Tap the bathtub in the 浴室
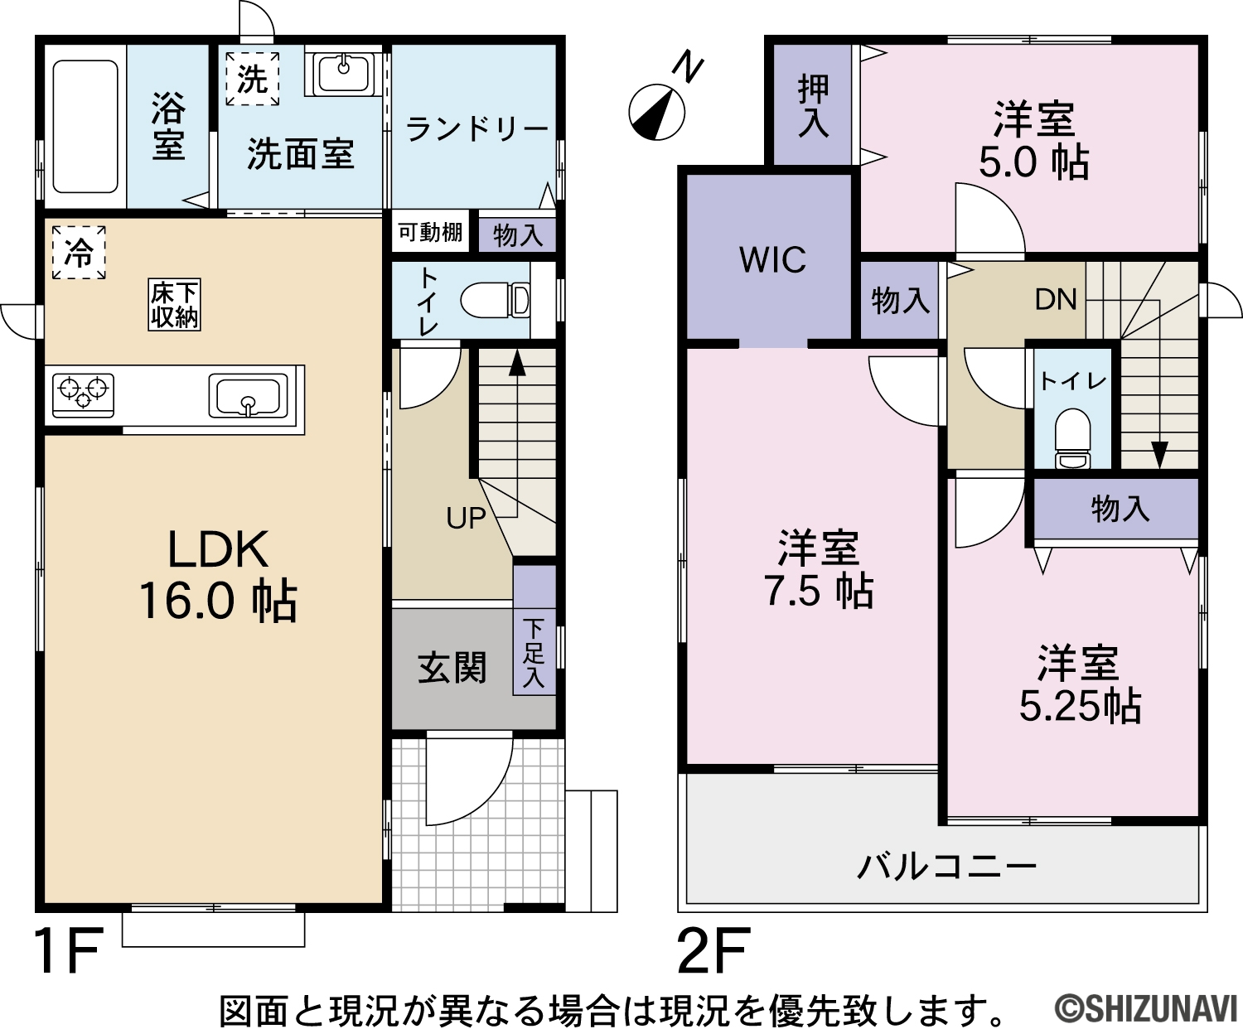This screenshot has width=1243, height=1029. point(85,126)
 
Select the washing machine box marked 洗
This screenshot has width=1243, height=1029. point(253,80)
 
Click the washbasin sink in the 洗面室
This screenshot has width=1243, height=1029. point(344,73)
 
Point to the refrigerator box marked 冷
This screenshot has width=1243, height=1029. point(79,253)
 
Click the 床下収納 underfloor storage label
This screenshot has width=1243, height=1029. point(174,305)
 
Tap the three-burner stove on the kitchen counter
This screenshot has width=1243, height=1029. point(84,395)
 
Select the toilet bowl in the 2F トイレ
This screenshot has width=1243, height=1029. point(1073,438)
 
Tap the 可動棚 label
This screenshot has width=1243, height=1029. point(430,232)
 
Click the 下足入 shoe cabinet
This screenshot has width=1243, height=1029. point(534,630)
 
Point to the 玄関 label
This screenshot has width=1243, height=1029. point(452,668)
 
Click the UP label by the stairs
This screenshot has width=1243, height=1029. point(466,519)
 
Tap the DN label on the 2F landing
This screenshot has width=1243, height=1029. point(1056,299)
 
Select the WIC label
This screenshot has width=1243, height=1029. point(772,259)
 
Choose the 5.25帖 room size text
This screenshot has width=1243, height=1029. point(1081,707)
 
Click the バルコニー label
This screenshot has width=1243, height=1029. point(946,867)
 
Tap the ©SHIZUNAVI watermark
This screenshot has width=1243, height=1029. point(1146,1009)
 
